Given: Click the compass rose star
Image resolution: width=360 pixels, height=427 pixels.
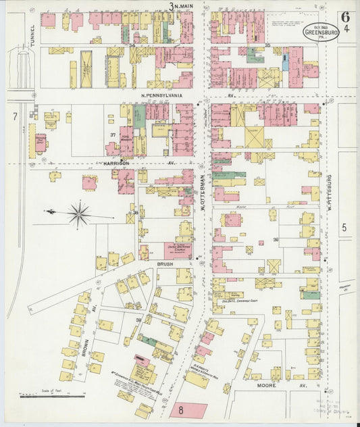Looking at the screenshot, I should pyautogui.click(x=80, y=214).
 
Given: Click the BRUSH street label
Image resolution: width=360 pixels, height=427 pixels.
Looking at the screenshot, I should pyautogui.click(x=165, y=264).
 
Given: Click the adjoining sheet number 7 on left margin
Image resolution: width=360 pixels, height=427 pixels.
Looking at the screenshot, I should pyautogui.click(x=14, y=117).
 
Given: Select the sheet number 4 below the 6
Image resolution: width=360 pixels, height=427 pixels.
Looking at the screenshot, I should pyautogui.click(x=346, y=29).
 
